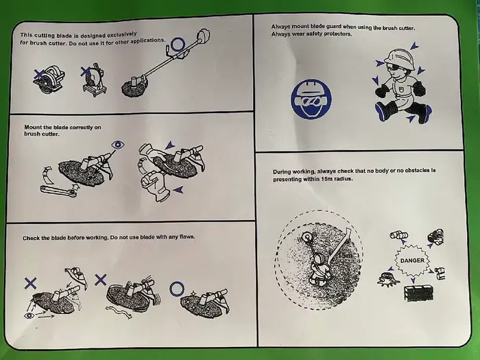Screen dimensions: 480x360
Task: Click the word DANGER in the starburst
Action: click(x=412, y=261)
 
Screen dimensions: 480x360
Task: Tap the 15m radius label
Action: click(x=345, y=255)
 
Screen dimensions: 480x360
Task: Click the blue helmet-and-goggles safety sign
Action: click(x=311, y=99)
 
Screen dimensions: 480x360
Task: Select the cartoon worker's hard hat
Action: click(x=399, y=59)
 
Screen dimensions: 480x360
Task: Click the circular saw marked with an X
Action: click(x=49, y=78)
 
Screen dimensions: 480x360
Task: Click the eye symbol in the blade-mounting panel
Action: click(x=117, y=145)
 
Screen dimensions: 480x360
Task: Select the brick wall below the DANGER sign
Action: click(x=419, y=293)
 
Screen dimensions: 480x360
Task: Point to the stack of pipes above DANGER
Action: click(x=399, y=235)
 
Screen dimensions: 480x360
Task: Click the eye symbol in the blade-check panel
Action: click(x=29, y=315)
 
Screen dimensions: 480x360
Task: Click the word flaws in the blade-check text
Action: click(x=187, y=237)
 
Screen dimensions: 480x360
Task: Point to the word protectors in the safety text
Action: click(x=338, y=34)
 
